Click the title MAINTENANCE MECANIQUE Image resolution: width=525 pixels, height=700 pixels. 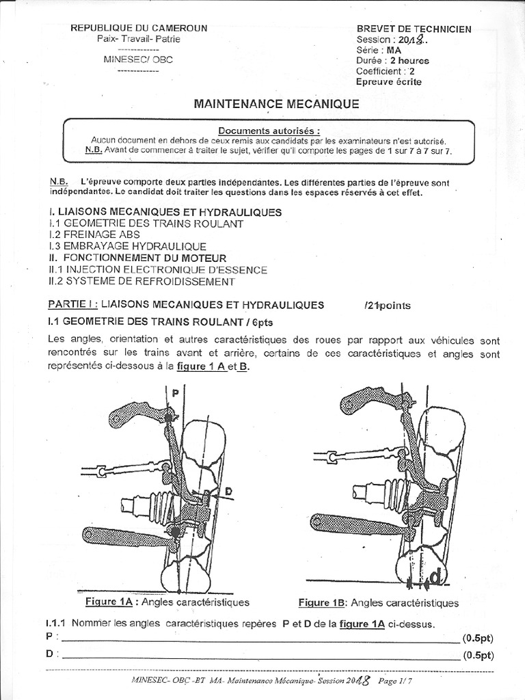tap(276, 104)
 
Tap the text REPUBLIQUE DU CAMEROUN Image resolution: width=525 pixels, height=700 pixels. tap(139, 28)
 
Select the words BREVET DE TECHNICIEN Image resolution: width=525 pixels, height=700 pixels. tap(414, 29)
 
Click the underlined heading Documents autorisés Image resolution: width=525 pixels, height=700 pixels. tap(269, 131)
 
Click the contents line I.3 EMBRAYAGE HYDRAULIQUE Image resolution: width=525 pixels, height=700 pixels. tap(127, 245)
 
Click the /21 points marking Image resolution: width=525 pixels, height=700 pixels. tap(388, 305)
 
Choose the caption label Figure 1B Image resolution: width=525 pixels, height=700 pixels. tap(323, 602)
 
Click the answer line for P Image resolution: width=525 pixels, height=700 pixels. tap(260, 641)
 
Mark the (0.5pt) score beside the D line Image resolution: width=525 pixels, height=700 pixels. tap(477, 656)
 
